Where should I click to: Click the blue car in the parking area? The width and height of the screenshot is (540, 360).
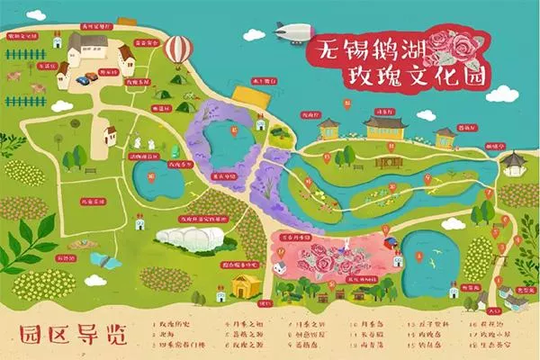[83, 78]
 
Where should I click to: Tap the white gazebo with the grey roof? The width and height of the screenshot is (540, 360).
[512, 162]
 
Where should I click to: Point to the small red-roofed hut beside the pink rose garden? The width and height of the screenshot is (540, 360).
[388, 242]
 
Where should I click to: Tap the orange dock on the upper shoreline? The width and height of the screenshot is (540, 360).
[244, 94]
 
